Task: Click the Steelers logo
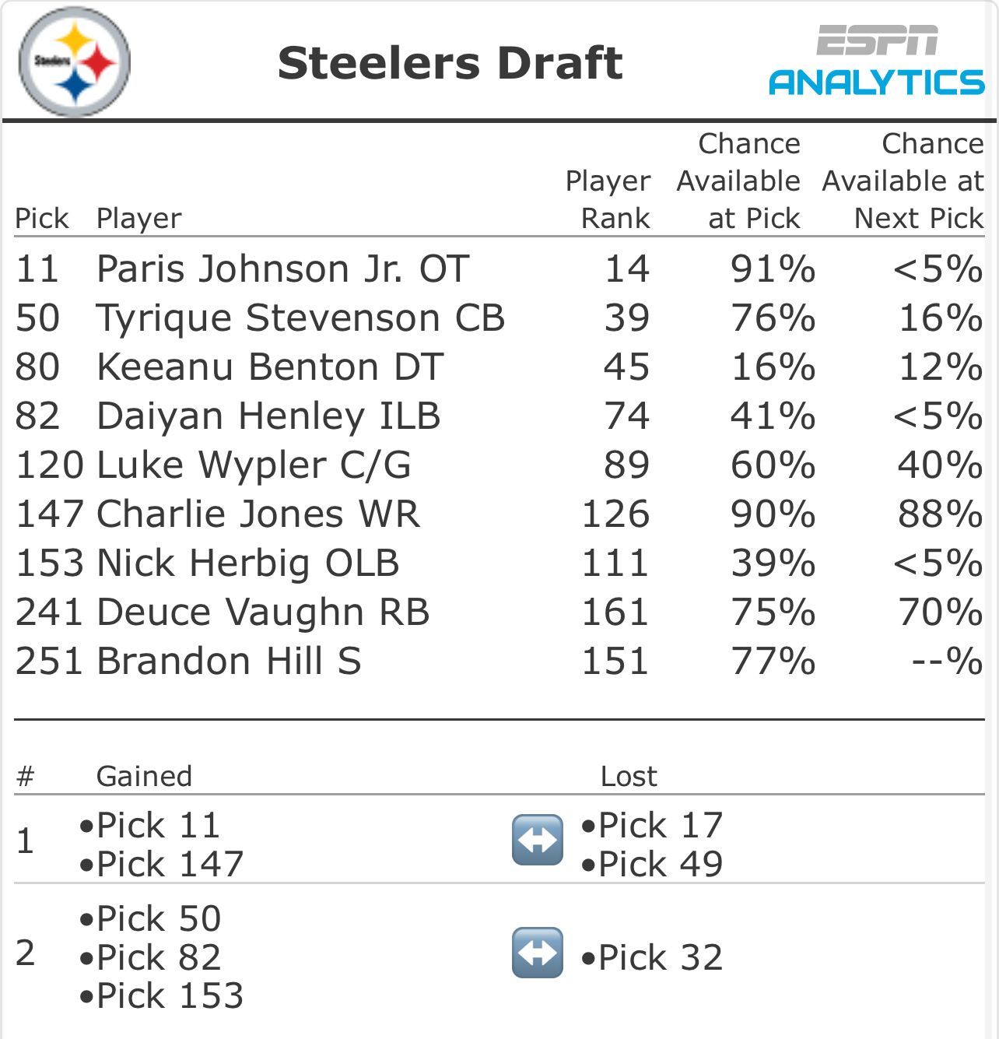point(75,62)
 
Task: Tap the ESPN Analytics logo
point(876,60)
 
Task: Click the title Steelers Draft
point(450,63)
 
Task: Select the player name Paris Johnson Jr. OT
point(283,269)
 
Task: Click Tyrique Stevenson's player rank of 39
point(626,318)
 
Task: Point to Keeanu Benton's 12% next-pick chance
point(941,367)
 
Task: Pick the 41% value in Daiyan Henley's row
point(773,416)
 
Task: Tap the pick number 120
point(50,465)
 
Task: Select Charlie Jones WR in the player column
point(258,514)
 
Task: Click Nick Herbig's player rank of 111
point(615,563)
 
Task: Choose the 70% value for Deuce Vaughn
point(941,613)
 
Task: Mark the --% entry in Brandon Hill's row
point(946,662)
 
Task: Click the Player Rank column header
point(608,199)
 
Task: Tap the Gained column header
point(144,776)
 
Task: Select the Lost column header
point(629,776)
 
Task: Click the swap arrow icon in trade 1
point(538,840)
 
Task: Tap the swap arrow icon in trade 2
point(538,953)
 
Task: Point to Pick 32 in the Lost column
point(652,957)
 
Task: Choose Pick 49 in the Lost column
point(652,864)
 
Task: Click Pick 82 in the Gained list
point(150,957)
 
